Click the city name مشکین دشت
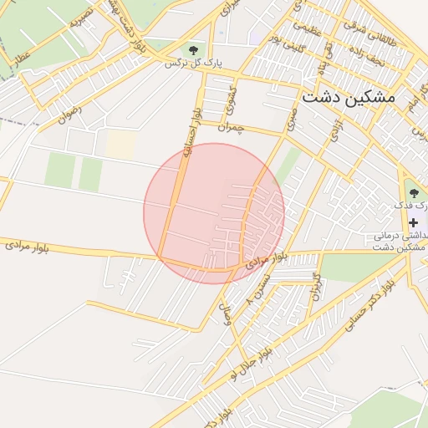click(346, 96)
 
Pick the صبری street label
click(292, 120)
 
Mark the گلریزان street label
click(316, 287)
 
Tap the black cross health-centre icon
click(413, 222)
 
